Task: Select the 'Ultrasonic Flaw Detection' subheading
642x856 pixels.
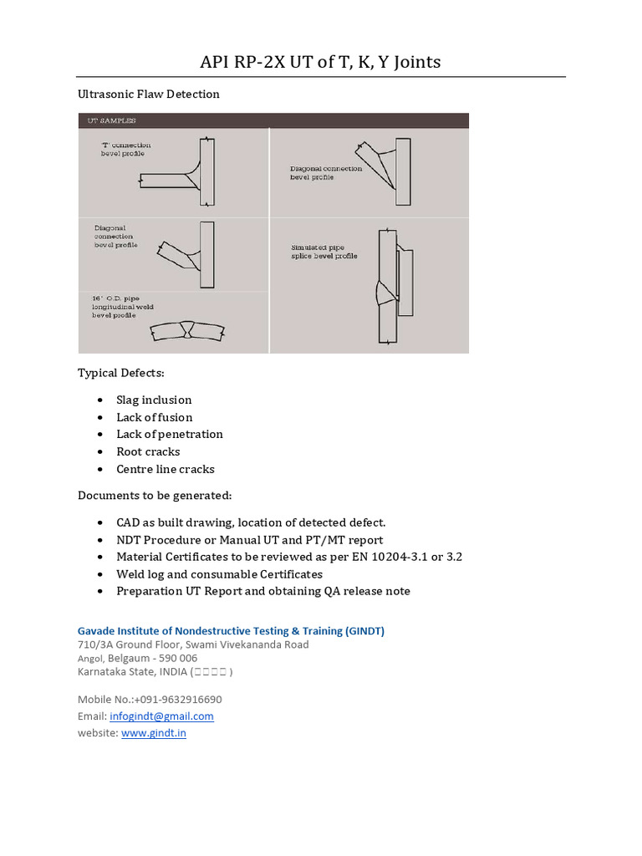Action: tap(149, 94)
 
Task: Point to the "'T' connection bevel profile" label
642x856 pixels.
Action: tap(126, 150)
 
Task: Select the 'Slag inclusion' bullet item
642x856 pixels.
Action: tap(154, 400)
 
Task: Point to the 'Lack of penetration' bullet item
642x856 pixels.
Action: tap(170, 434)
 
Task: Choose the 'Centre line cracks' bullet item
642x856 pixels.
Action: tap(166, 469)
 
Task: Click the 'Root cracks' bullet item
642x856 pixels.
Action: tap(148, 451)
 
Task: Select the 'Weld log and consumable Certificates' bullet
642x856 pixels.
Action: tap(219, 574)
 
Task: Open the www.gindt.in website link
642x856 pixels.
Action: tap(154, 733)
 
